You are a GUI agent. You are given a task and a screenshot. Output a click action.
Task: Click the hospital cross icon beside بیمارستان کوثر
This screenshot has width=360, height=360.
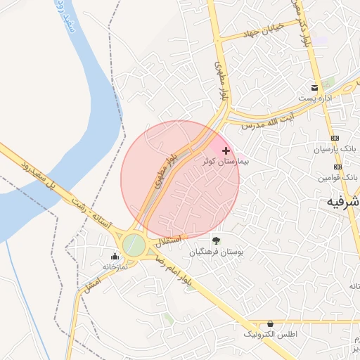(226, 150)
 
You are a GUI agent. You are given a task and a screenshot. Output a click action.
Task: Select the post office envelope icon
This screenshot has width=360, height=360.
(315, 88)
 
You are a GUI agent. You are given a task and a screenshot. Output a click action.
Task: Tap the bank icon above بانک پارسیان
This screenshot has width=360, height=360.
(335, 139)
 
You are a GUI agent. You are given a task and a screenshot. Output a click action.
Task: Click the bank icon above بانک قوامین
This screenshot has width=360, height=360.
(338, 167)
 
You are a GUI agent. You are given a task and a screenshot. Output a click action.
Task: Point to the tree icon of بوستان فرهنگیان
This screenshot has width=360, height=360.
(215, 241)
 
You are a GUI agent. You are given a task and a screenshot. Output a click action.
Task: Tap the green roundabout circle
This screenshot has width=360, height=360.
(134, 245)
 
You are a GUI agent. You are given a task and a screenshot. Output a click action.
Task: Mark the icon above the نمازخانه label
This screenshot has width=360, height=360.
(115, 256)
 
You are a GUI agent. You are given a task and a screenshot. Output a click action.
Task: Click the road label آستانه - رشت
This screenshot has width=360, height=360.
(91, 212)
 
